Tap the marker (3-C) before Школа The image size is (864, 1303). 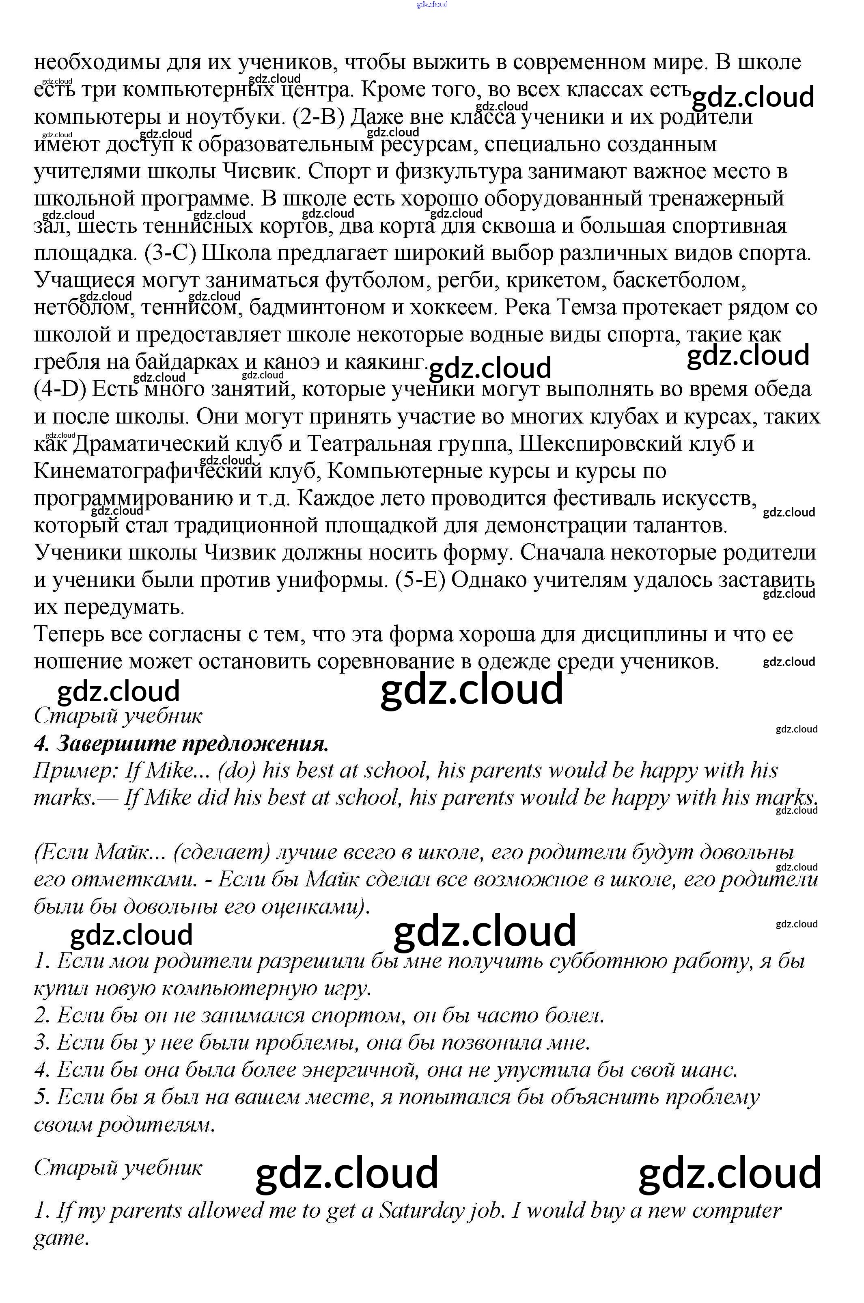click(x=170, y=253)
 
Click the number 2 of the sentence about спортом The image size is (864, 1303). click(x=42, y=1015)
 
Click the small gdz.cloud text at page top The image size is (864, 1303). click(x=432, y=4)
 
